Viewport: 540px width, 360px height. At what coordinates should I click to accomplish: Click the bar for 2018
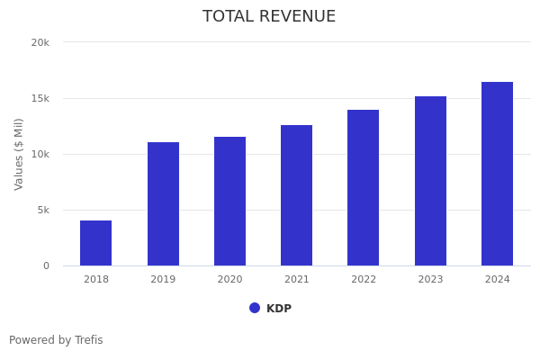pyautogui.click(x=96, y=243)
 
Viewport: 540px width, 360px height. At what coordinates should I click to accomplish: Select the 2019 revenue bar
pyautogui.click(x=163, y=204)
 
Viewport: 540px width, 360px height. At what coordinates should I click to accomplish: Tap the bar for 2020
pyautogui.click(x=229, y=202)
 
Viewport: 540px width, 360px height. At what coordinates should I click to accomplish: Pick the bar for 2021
pyautogui.click(x=297, y=195)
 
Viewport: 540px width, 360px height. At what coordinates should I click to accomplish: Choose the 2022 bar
pyautogui.click(x=364, y=188)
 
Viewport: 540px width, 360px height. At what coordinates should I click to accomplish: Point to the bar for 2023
pyautogui.click(x=430, y=181)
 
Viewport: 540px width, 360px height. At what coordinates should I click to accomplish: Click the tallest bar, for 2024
pyautogui.click(x=497, y=174)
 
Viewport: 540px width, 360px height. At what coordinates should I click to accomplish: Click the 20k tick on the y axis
pyautogui.click(x=40, y=42)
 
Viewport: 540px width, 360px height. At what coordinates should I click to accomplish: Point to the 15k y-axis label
pyautogui.click(x=40, y=98)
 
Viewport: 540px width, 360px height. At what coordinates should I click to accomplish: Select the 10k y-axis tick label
pyautogui.click(x=40, y=154)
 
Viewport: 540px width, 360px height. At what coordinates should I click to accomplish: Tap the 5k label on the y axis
pyautogui.click(x=42, y=210)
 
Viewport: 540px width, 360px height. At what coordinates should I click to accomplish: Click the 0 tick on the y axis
pyautogui.click(x=46, y=265)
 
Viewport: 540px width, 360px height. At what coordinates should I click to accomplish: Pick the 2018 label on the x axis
pyautogui.click(x=96, y=279)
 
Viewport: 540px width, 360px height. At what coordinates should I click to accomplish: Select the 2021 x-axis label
pyautogui.click(x=297, y=279)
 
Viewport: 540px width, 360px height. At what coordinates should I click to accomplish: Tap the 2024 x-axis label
pyautogui.click(x=497, y=279)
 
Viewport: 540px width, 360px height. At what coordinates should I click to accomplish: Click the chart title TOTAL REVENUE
pyautogui.click(x=269, y=17)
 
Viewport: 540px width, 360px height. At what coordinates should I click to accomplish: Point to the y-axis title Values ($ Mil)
pyautogui.click(x=19, y=154)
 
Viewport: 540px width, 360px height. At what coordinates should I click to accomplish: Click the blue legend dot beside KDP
pyautogui.click(x=255, y=308)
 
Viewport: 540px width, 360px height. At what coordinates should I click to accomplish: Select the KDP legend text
pyautogui.click(x=279, y=309)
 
